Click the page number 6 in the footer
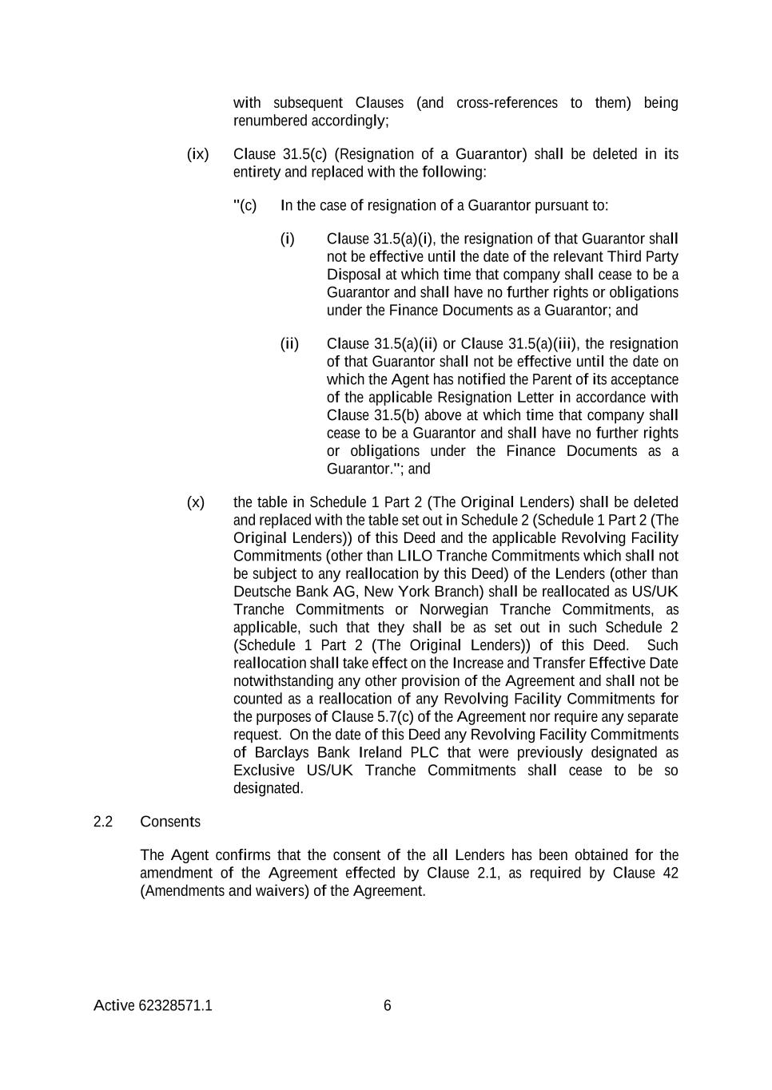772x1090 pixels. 388,1005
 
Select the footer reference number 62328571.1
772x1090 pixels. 175,1005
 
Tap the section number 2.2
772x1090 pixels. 103,822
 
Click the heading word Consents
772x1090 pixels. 170,822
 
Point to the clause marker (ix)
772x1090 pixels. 197,154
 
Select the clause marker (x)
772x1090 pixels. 196,502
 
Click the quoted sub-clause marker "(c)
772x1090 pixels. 245,205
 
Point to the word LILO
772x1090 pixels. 415,556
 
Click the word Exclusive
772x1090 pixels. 265,771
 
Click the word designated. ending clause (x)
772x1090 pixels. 269,788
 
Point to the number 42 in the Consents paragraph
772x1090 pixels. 671,873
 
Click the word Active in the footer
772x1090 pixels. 113,1005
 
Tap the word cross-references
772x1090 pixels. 507,103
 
